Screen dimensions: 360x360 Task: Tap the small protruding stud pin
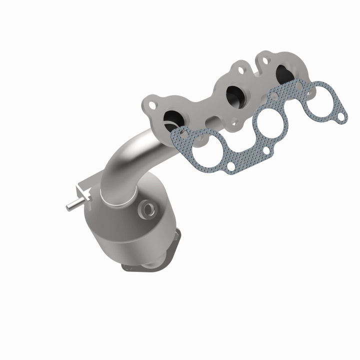[x=70, y=204]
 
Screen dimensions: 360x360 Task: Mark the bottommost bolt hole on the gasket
[x=232, y=165]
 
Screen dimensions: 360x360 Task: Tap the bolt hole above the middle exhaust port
[x=240, y=70]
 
